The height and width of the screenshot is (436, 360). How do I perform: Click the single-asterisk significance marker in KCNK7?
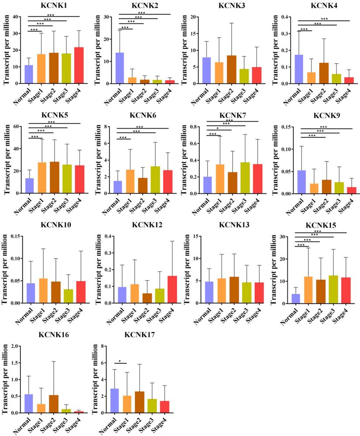pos(217,141)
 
